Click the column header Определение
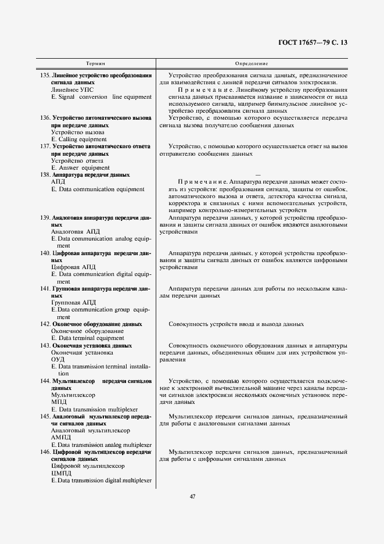tap(251, 62)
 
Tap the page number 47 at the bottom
tap(192, 496)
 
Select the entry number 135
tap(45, 76)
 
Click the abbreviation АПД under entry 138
tap(59, 182)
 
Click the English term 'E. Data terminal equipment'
tap(88, 338)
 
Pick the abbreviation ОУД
tap(58, 359)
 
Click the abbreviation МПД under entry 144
tap(59, 402)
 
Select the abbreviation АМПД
tap(61, 437)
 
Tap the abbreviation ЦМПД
tap(61, 473)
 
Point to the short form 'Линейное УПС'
tap(71, 90)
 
